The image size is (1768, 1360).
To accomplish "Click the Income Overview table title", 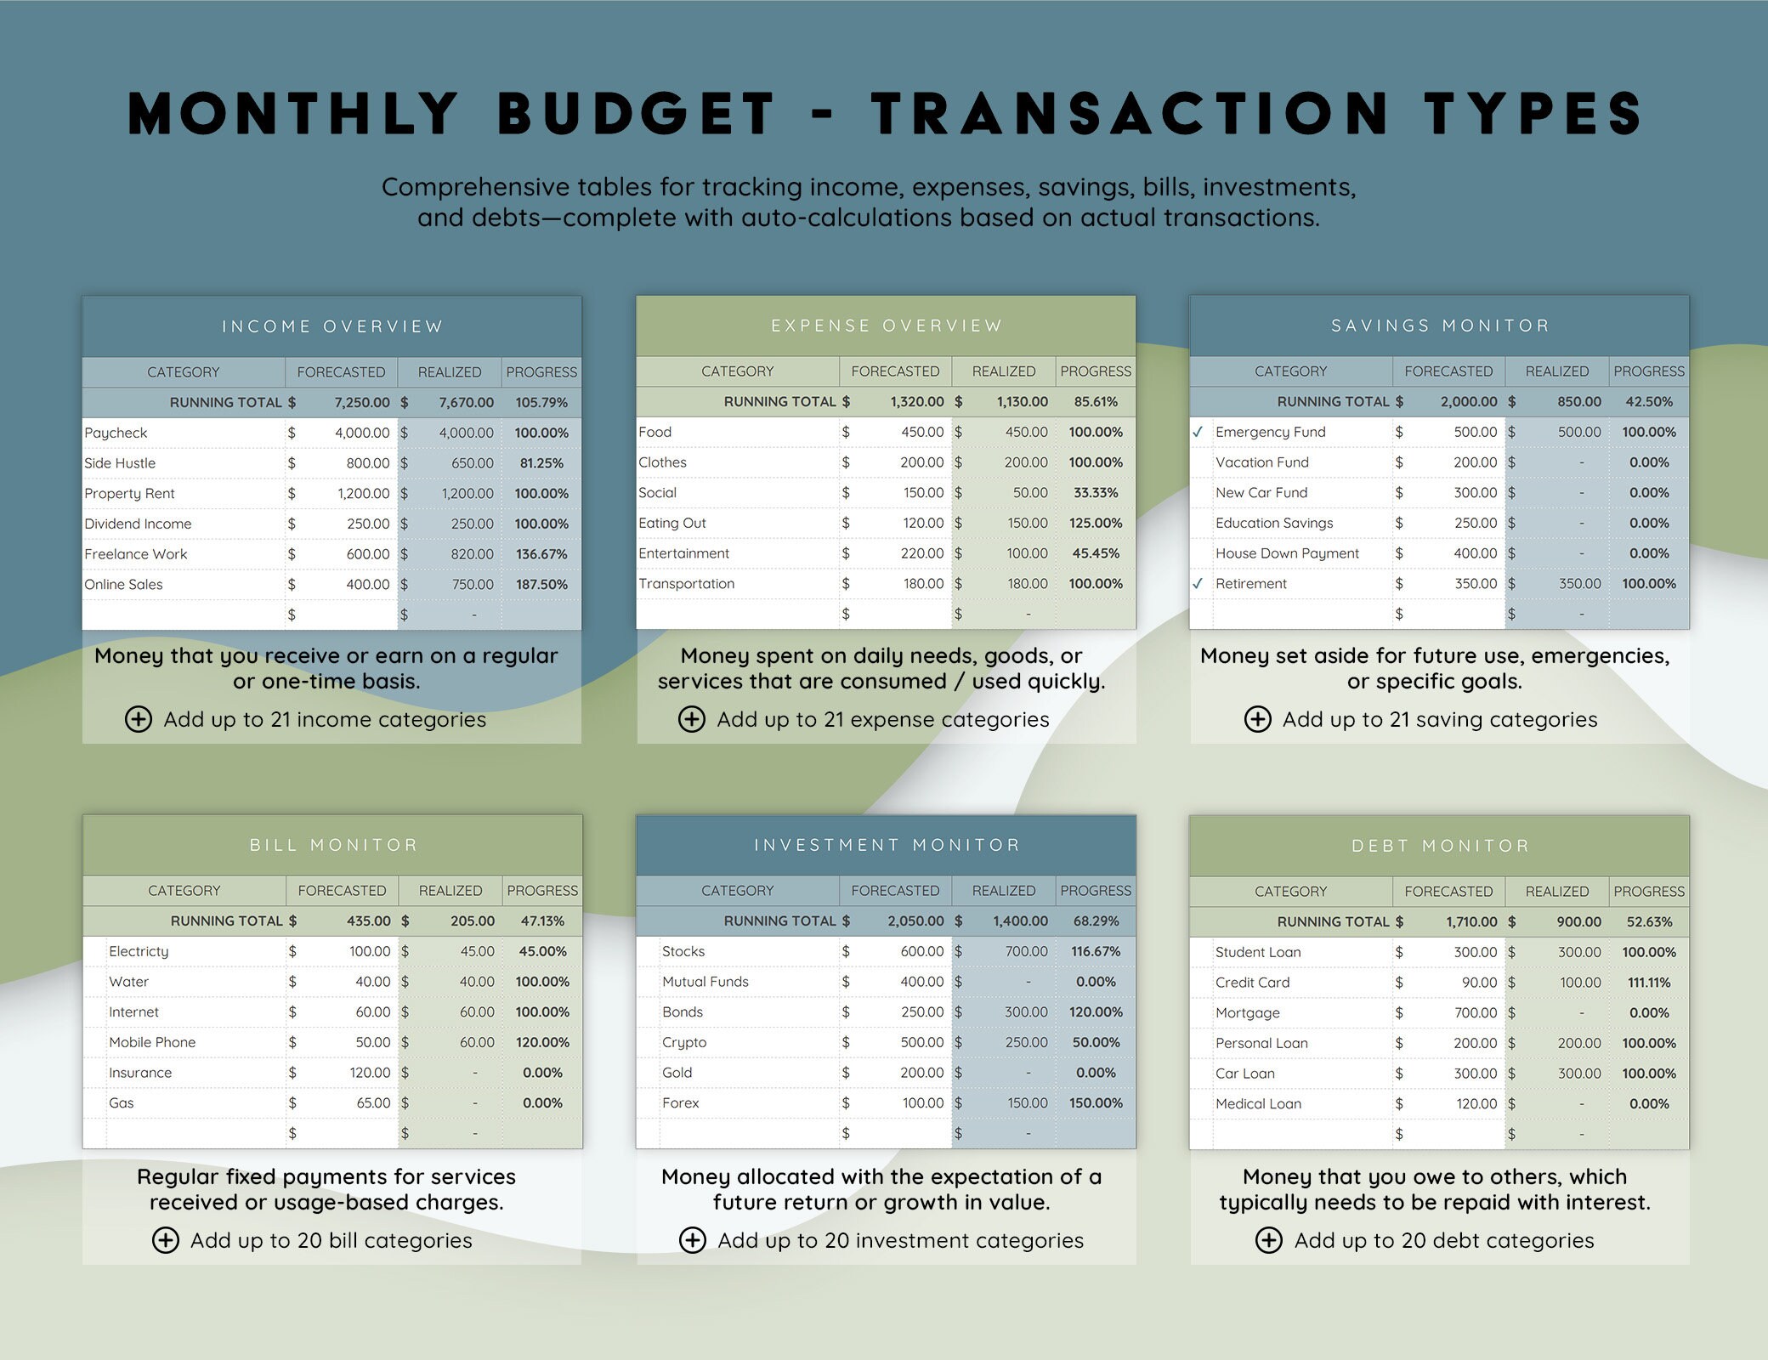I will tap(332, 326).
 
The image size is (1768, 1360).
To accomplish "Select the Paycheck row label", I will tap(116, 433).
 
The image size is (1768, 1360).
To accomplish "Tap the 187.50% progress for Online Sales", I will tap(541, 585).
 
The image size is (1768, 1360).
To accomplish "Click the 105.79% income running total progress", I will tap(541, 402).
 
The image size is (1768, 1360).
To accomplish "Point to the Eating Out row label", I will tap(671, 524).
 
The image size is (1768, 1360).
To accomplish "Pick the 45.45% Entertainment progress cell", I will tap(1096, 553).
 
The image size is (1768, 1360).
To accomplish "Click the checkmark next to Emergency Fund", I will tap(1198, 432).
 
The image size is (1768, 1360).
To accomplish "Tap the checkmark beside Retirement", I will tap(1198, 584).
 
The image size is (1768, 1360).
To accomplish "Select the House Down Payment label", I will tap(1287, 553).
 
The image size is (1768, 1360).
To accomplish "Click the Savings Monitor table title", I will tap(1440, 326).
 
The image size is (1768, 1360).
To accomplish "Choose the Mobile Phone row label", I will tap(152, 1042).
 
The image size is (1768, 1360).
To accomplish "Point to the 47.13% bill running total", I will tap(542, 921).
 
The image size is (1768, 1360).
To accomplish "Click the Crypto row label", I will tap(684, 1042).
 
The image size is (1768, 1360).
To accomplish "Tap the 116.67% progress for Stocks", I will tap(1096, 951).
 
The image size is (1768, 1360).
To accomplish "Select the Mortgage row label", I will tap(1247, 1013).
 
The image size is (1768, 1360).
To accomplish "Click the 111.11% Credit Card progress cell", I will tap(1649, 983).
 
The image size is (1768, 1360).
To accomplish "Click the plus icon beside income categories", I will tap(139, 719).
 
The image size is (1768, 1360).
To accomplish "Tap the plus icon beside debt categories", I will tap(1269, 1240).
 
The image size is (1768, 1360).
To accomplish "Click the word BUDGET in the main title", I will tap(636, 114).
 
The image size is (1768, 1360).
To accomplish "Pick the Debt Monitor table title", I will tap(1440, 846).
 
